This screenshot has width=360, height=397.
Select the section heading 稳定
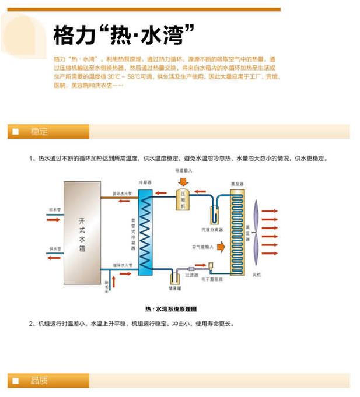tap(40, 131)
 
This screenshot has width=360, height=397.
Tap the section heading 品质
tap(40, 381)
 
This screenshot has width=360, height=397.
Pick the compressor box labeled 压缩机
tap(182, 199)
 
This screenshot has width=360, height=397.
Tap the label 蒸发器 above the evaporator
tap(236, 183)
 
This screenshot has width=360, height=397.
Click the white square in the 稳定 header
tap(16, 132)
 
